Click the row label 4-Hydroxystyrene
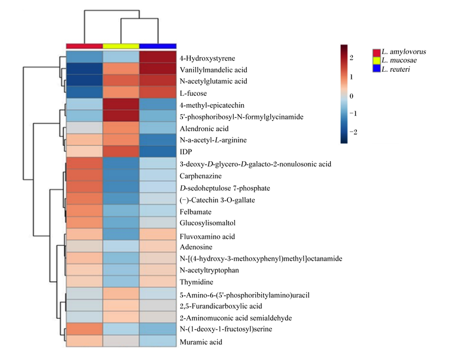click(207, 58)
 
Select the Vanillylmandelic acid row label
click(213, 70)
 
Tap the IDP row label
click(185, 152)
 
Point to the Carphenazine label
click(200, 176)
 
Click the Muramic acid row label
click(201, 342)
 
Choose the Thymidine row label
click(196, 282)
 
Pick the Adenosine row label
click(196, 247)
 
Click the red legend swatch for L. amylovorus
click(377, 53)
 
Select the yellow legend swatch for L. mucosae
click(377, 61)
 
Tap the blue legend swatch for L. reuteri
click(377, 68)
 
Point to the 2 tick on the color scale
click(351, 58)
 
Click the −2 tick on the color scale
click(353, 132)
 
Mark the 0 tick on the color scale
click(351, 96)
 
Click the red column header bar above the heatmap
click(84, 46)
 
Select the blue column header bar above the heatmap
click(158, 46)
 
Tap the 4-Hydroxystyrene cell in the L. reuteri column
click(158, 57)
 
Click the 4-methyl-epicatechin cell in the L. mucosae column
click(121, 104)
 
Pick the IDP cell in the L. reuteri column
click(158, 152)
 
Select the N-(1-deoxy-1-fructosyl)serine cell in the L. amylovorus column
click(84, 329)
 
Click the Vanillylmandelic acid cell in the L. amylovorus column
click(84, 69)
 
